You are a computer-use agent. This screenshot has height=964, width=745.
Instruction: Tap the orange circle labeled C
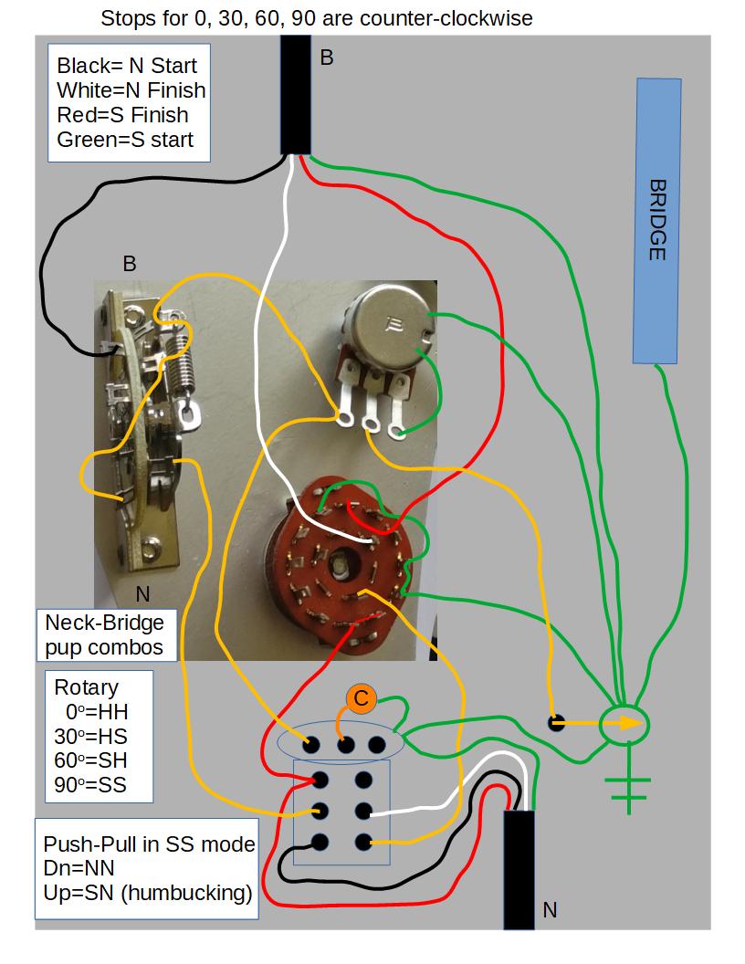361,699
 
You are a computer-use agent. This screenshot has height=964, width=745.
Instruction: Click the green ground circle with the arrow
624,724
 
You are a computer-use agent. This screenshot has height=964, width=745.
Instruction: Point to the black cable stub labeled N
519,867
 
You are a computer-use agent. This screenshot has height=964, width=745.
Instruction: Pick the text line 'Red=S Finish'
122,115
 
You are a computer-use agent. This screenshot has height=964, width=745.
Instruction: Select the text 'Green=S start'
125,140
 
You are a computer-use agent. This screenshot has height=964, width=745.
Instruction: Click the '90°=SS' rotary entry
90,783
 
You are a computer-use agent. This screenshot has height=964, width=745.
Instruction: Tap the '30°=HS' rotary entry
90,736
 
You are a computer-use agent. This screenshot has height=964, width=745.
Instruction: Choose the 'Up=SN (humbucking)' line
147,893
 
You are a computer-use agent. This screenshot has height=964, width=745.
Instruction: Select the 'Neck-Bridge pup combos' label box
105,635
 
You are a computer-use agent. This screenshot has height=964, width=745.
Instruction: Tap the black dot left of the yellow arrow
554,723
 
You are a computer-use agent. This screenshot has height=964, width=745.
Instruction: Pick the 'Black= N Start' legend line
126,66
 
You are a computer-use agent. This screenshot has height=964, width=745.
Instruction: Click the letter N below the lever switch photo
142,595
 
